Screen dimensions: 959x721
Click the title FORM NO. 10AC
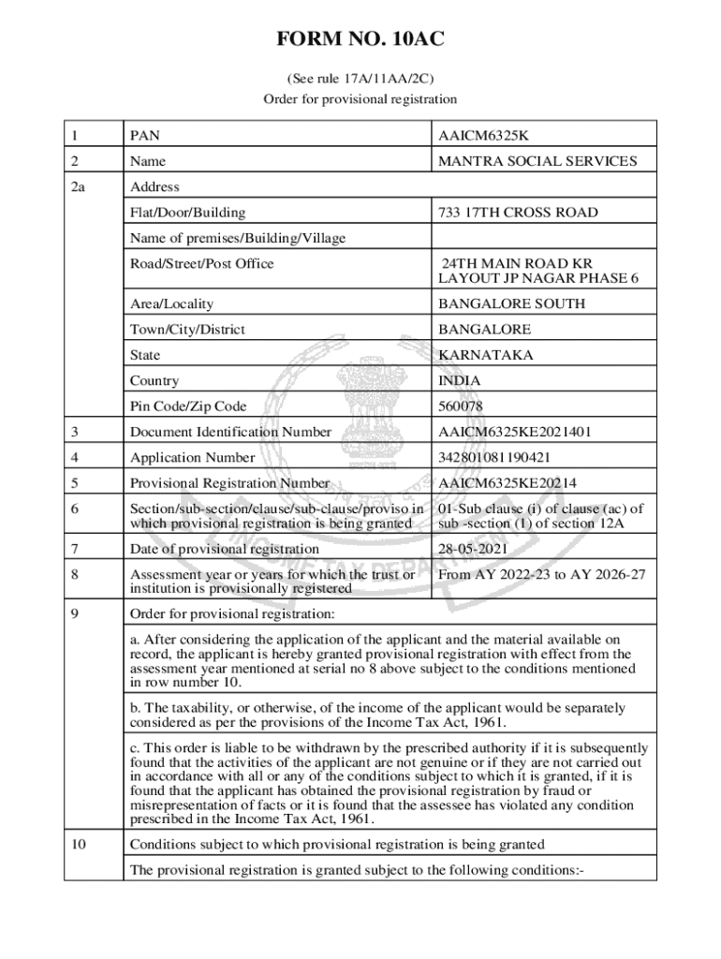click(360, 40)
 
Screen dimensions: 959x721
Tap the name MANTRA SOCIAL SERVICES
click(537, 161)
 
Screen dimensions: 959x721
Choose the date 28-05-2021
click(472, 549)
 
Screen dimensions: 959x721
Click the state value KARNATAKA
click(485, 355)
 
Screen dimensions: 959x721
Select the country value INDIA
click(459, 381)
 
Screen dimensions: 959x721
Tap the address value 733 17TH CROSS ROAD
click(518, 213)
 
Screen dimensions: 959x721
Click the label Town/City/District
click(189, 330)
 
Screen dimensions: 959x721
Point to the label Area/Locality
click(171, 303)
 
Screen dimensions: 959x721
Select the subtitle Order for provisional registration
click(360, 98)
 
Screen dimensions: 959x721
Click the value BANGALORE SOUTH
click(511, 303)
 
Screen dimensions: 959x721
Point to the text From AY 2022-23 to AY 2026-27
click(541, 574)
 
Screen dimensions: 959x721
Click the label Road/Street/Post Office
click(202, 263)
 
